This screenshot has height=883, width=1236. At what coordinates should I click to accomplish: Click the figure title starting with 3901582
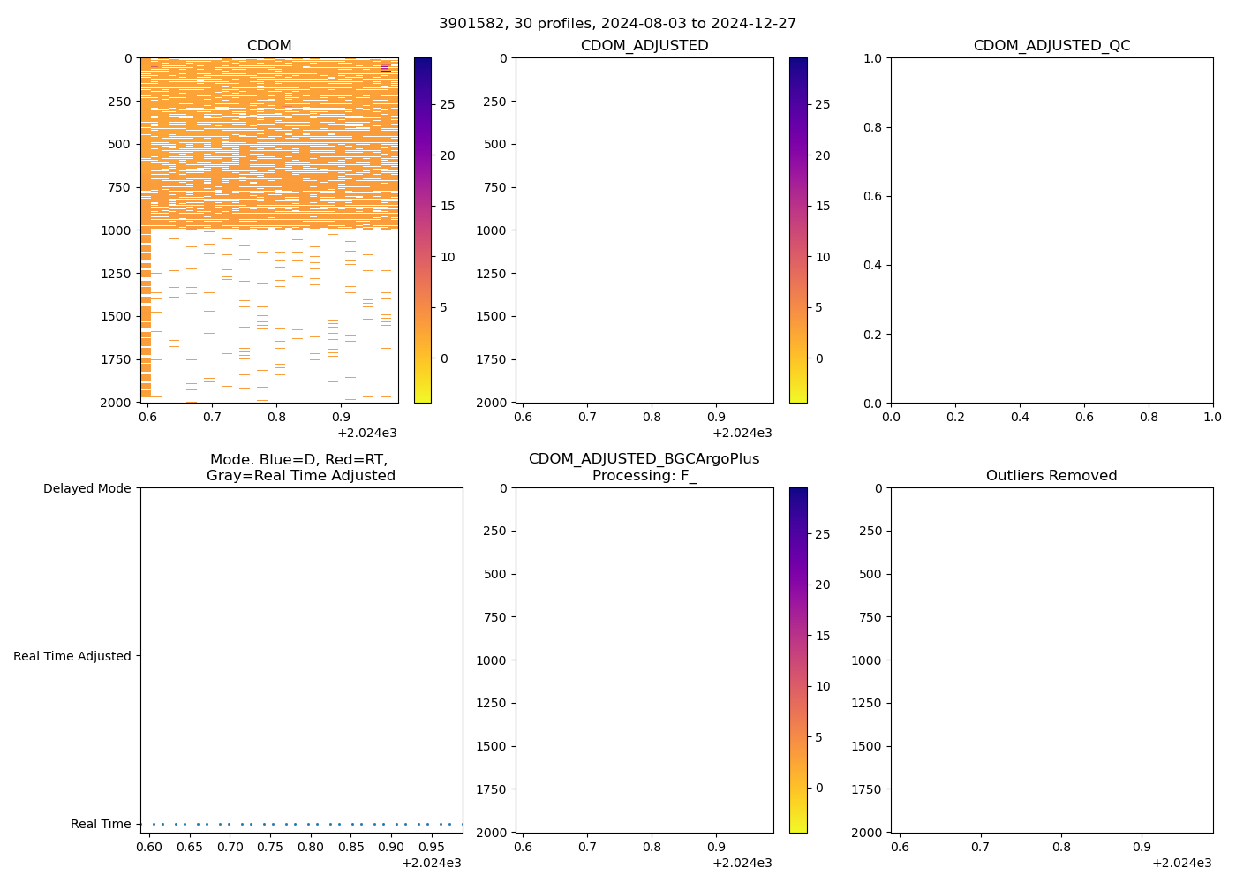(x=617, y=24)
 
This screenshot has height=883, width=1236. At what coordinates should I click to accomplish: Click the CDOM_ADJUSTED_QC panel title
(x=1051, y=46)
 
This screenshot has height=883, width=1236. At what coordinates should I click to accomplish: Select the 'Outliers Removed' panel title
(x=1051, y=476)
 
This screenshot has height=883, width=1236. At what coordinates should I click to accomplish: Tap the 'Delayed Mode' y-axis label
(x=87, y=488)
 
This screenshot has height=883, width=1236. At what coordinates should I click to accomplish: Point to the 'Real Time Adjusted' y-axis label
(x=72, y=656)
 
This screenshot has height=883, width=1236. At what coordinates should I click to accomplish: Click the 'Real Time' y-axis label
(x=101, y=824)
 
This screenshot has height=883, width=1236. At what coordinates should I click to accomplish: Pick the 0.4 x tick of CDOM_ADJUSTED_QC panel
(x=1020, y=416)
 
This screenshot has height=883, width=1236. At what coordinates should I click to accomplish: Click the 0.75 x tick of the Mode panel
(x=270, y=846)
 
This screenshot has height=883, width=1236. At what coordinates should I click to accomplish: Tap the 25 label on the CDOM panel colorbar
(x=448, y=104)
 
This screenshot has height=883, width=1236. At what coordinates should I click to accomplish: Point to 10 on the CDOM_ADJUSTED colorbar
(x=823, y=257)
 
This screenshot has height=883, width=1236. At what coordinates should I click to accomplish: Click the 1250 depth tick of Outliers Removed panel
(x=866, y=703)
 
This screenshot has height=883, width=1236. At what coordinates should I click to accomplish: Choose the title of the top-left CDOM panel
(x=269, y=46)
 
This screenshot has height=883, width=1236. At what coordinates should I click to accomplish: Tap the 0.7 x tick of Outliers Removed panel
(x=980, y=846)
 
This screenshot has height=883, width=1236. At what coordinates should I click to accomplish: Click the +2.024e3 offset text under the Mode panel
(x=432, y=863)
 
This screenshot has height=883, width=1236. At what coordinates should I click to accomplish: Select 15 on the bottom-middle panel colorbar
(x=823, y=636)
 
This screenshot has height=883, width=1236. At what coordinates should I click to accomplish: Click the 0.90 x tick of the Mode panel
(x=390, y=846)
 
